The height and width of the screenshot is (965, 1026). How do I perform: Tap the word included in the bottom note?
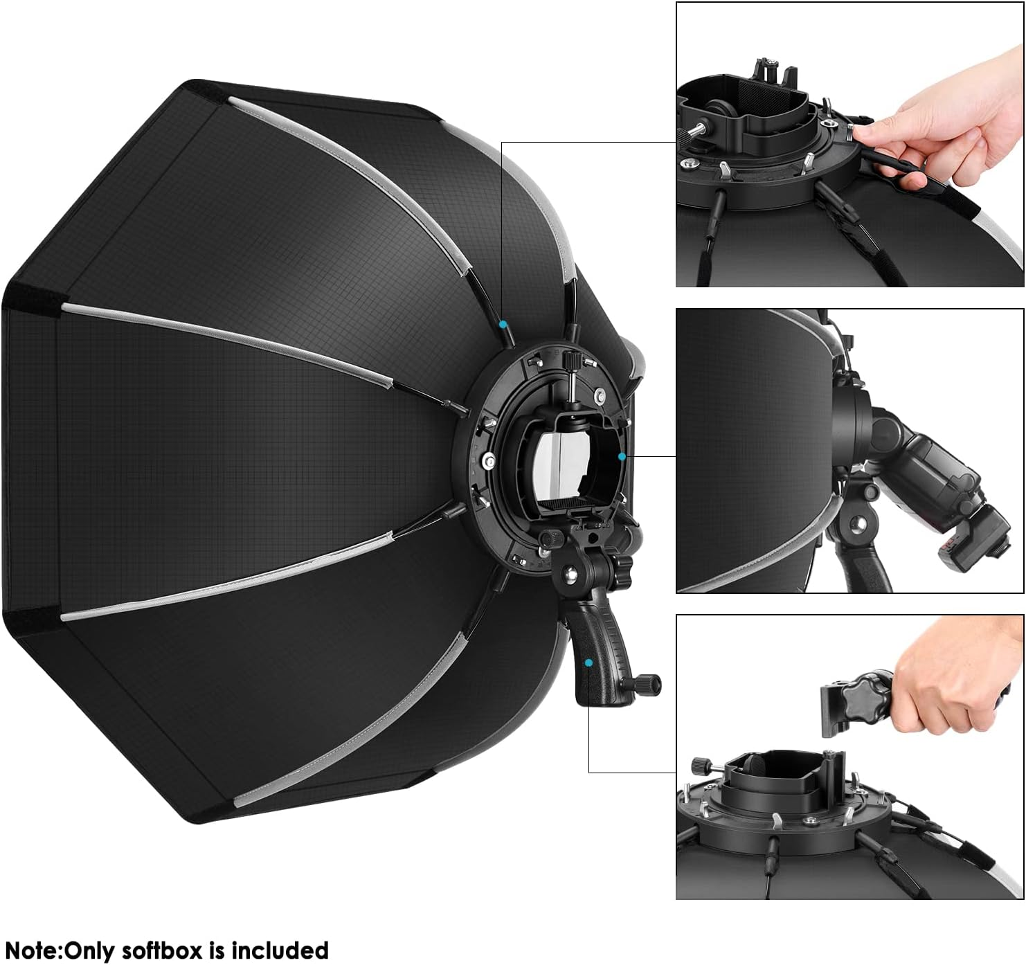(x=280, y=950)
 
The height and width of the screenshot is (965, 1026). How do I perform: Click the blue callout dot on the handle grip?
(x=588, y=662)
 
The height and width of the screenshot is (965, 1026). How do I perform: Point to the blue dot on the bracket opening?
(x=622, y=456)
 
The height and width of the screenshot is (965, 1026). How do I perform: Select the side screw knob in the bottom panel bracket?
(x=701, y=766)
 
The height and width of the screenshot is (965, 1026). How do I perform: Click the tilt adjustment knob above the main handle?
(x=552, y=538)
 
